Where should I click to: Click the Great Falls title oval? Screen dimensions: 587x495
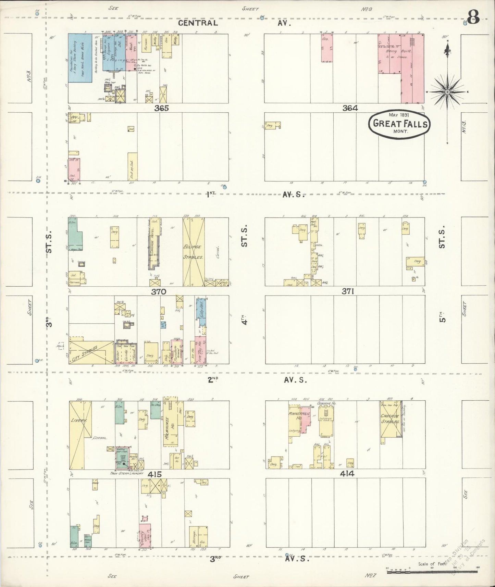(399, 124)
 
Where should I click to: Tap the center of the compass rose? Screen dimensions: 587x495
(447, 92)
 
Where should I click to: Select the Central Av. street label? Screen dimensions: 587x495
(198, 23)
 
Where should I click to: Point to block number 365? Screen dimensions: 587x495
(161, 108)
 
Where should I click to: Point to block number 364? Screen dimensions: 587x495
(350, 108)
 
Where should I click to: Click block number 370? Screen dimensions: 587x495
(159, 292)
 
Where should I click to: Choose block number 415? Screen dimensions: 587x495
(154, 474)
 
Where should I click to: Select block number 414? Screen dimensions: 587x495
(347, 474)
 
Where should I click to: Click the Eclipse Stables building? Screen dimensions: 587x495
(194, 252)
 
